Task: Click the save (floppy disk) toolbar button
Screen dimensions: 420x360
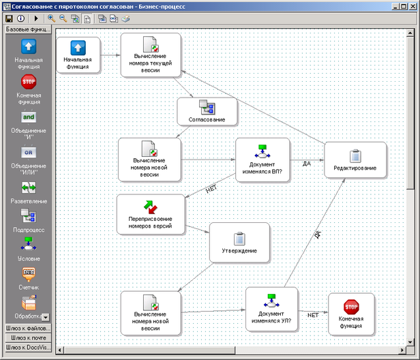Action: tap(9, 18)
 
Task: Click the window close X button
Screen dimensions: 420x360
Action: tap(412, 6)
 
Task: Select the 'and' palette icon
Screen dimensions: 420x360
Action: tap(29, 117)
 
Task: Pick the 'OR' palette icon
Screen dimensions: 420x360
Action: tap(29, 153)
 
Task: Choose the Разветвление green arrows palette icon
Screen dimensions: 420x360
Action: tap(29, 187)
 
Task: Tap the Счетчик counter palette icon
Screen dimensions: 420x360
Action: tap(29, 275)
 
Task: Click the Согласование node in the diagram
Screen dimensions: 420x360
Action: tap(207, 111)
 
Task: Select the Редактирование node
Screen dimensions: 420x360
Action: tap(355, 160)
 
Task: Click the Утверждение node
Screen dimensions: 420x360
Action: tap(239, 243)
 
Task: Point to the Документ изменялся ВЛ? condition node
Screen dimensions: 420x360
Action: tap(262, 160)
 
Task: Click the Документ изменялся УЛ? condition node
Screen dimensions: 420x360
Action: tap(271, 309)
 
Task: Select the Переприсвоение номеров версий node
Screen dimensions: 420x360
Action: tap(151, 215)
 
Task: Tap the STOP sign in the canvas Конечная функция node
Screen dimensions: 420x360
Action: tap(351, 307)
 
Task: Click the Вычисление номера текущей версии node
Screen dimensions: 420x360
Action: tap(151, 55)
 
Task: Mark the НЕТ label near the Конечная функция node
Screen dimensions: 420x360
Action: tap(312, 315)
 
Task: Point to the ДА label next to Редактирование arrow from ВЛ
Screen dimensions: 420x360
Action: tap(307, 164)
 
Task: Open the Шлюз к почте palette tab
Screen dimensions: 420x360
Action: tap(29, 337)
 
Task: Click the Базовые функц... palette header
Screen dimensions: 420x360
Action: tap(29, 29)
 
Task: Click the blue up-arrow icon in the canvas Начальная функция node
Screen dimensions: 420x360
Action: tap(78, 48)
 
